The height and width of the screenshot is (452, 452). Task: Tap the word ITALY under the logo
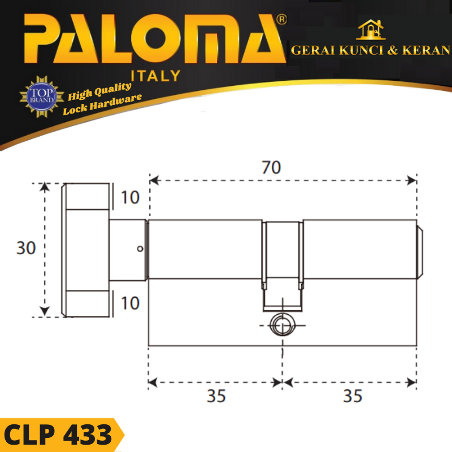pyautogui.click(x=156, y=76)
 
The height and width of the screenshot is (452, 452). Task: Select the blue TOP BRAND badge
pyautogui.click(x=42, y=96)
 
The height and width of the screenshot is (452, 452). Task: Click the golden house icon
pyautogui.click(x=371, y=29)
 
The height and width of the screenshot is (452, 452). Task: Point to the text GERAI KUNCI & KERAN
pyautogui.click(x=371, y=50)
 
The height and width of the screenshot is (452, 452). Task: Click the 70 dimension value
pyautogui.click(x=271, y=167)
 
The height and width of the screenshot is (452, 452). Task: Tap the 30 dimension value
pyautogui.click(x=26, y=248)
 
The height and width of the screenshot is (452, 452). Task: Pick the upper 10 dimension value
pyautogui.click(x=131, y=197)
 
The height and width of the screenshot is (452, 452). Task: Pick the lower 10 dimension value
pyautogui.click(x=131, y=303)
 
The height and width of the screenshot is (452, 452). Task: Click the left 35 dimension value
pyautogui.click(x=216, y=396)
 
